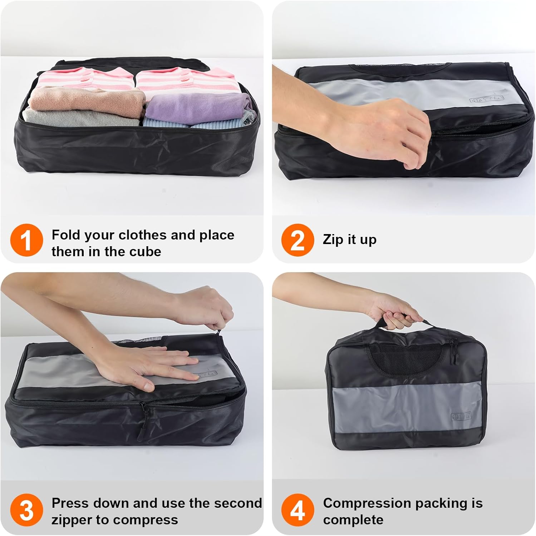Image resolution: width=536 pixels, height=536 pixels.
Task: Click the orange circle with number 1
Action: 26,240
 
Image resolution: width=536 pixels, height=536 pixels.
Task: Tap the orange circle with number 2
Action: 297,240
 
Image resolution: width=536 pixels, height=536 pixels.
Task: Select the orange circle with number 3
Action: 26,510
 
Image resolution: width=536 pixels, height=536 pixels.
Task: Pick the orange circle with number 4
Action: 297,510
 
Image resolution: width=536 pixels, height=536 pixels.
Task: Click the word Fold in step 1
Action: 66,235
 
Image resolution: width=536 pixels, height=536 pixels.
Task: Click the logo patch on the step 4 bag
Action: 461,416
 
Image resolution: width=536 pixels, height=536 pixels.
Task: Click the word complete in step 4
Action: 353,520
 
